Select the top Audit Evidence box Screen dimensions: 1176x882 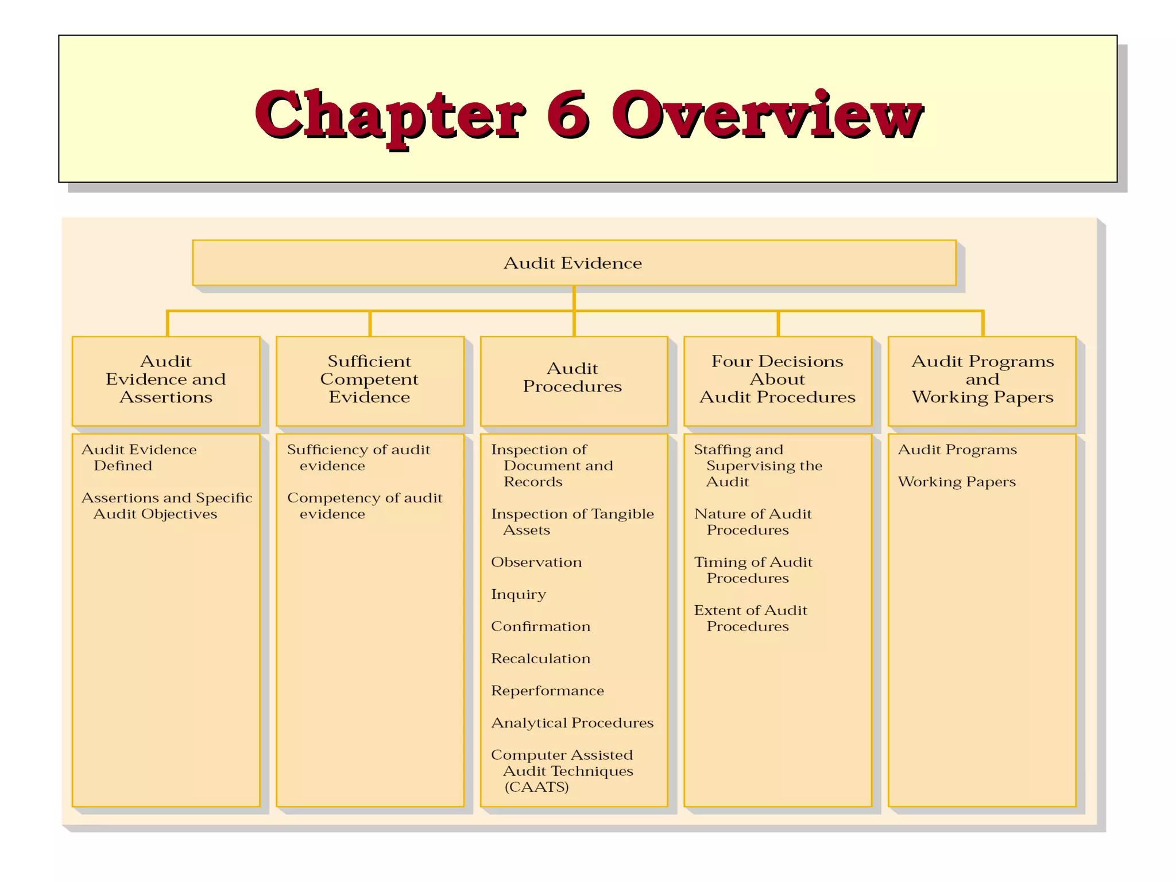click(x=573, y=263)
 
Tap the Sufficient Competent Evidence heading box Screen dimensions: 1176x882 click(x=369, y=380)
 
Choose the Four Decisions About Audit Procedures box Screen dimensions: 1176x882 click(x=777, y=380)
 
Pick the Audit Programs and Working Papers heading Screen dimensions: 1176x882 click(x=982, y=380)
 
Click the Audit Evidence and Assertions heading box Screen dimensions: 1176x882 click(x=166, y=380)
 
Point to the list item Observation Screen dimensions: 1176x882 click(x=536, y=562)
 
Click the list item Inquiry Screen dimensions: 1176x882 click(x=518, y=594)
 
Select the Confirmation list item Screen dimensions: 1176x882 click(x=540, y=626)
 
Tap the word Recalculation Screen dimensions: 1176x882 click(x=540, y=659)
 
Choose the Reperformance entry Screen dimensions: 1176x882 click(x=547, y=691)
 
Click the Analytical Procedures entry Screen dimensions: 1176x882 click(x=572, y=723)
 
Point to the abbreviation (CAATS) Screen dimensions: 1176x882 click(x=536, y=787)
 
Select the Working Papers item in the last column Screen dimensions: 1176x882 click(x=957, y=482)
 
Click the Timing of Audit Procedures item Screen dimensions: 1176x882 click(x=753, y=570)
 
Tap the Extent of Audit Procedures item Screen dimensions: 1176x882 click(x=750, y=618)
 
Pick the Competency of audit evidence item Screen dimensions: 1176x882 click(x=364, y=506)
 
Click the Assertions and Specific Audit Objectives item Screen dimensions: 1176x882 click(x=167, y=506)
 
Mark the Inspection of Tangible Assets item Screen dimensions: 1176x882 click(x=572, y=522)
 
